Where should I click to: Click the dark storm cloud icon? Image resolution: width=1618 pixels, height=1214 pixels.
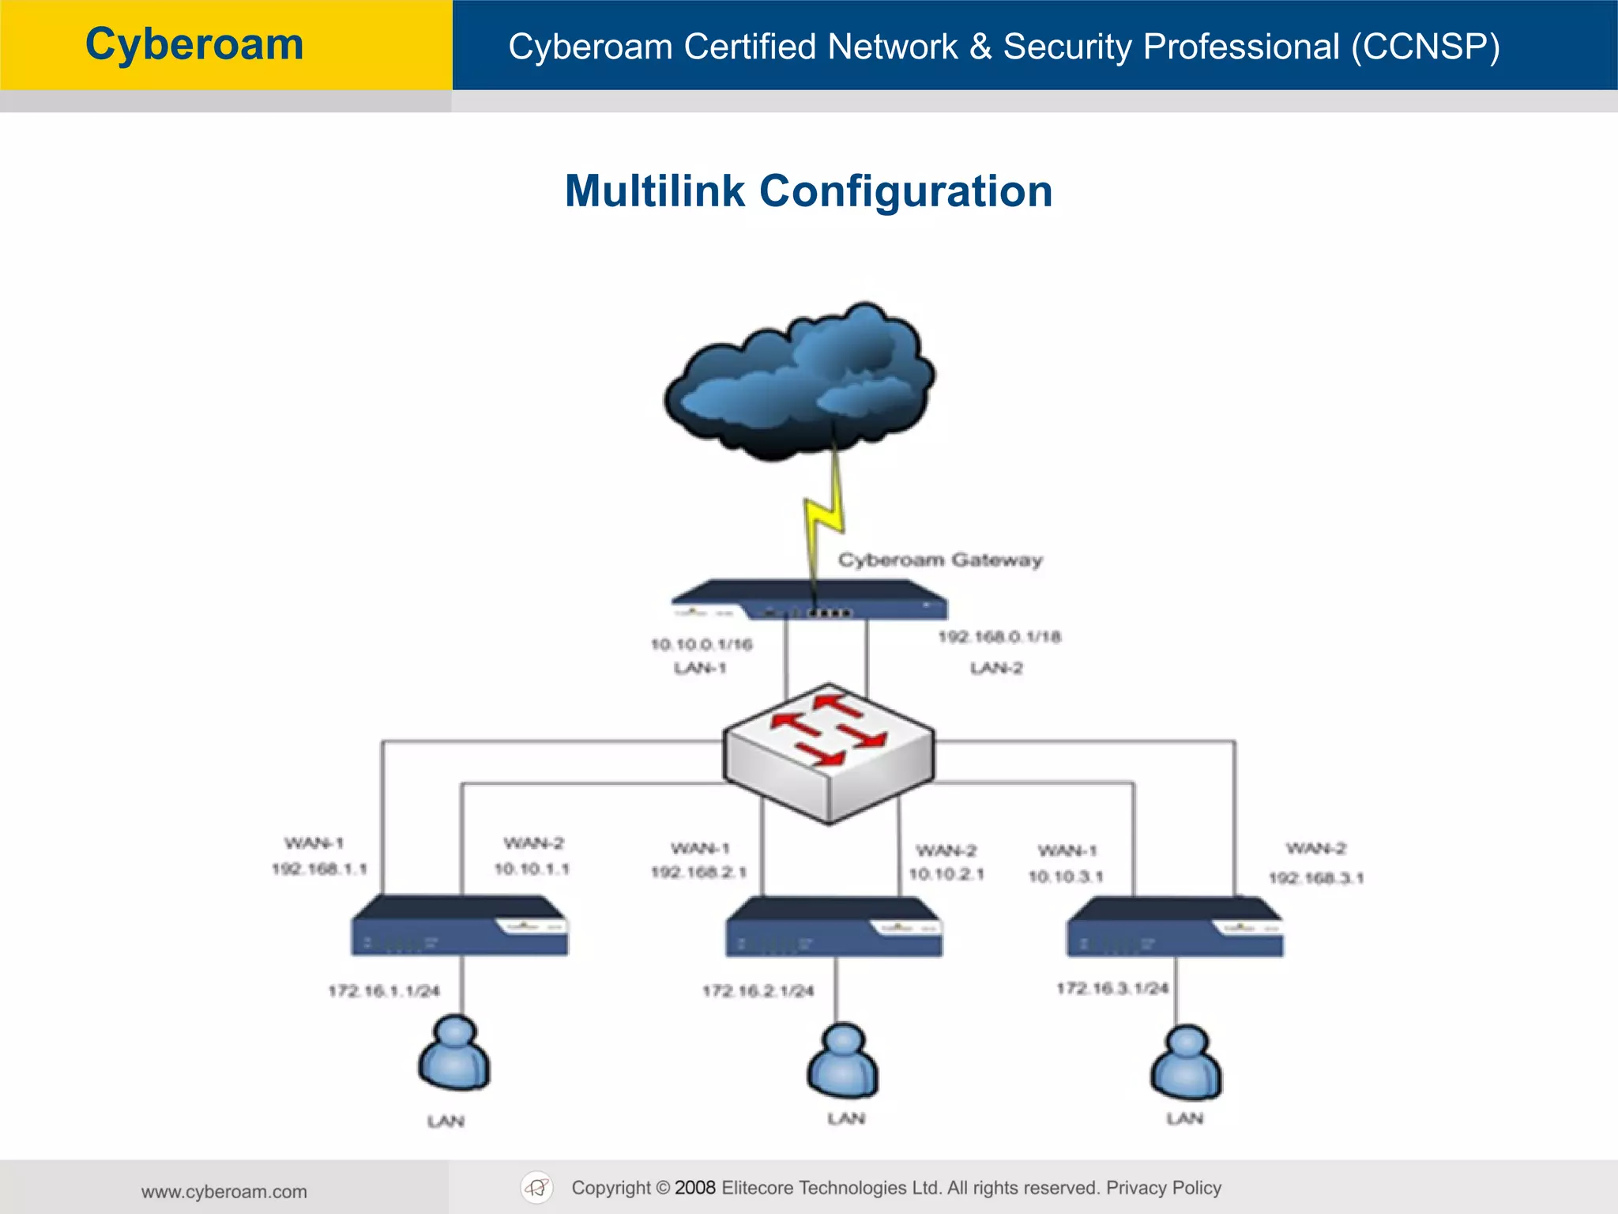pyautogui.click(x=798, y=379)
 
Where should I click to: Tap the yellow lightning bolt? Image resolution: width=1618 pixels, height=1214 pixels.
pyautogui.click(x=823, y=514)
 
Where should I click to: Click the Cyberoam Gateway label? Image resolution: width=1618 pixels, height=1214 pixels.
pyautogui.click(x=940, y=560)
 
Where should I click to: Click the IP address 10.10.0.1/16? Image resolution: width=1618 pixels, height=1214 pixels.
pyautogui.click(x=702, y=644)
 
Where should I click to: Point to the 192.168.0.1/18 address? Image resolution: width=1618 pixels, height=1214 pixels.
pyautogui.click(x=999, y=637)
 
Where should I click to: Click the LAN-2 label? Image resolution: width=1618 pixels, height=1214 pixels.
pyautogui.click(x=996, y=669)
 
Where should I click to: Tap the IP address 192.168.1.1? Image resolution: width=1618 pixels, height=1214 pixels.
pyautogui.click(x=320, y=869)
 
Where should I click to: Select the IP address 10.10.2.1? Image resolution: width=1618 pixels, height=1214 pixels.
pyautogui.click(x=946, y=874)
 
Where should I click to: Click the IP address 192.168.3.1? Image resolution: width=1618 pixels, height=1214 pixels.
pyautogui.click(x=1316, y=878)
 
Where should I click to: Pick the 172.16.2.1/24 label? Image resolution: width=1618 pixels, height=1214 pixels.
pyautogui.click(x=758, y=991)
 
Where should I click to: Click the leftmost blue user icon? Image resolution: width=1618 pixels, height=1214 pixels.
pyautogui.click(x=454, y=1054)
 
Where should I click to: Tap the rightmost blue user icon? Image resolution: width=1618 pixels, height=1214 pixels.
pyautogui.click(x=1186, y=1063)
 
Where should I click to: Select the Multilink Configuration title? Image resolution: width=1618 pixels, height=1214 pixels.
pyautogui.click(x=808, y=191)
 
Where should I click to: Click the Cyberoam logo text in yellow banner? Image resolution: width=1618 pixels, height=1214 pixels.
pyautogui.click(x=194, y=44)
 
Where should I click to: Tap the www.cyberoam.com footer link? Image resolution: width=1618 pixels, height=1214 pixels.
pyautogui.click(x=224, y=1192)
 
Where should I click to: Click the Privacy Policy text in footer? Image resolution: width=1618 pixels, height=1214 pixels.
pyautogui.click(x=1163, y=1188)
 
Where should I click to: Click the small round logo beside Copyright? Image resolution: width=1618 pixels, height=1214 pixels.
pyautogui.click(x=537, y=1188)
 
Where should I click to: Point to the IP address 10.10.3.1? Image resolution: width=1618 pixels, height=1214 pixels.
pyautogui.click(x=1065, y=877)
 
